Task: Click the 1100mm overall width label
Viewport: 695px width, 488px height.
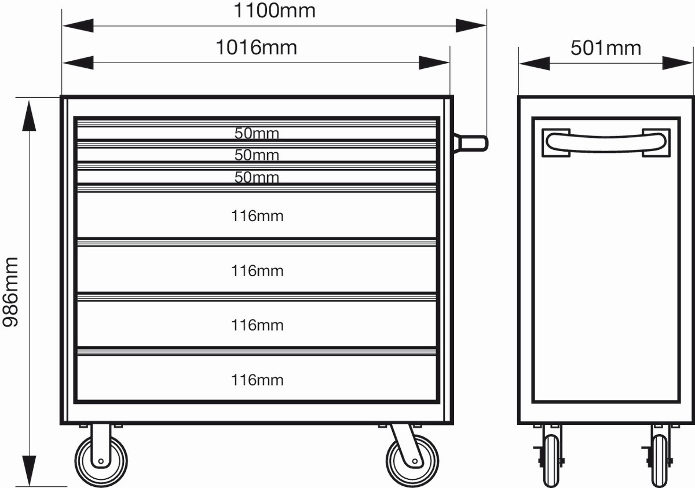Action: [275, 11]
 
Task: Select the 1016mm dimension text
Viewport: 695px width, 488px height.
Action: [256, 47]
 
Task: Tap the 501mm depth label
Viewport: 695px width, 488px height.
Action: [606, 49]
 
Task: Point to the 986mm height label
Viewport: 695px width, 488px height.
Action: [11, 292]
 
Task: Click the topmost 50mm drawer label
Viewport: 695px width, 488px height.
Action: [257, 133]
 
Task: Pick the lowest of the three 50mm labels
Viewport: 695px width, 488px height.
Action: [257, 177]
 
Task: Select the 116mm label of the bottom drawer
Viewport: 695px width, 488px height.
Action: [257, 380]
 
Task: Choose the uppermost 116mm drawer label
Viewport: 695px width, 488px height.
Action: [257, 216]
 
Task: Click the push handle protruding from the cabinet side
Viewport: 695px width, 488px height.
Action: [471, 143]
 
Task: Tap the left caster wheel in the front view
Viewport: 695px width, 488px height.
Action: [101, 461]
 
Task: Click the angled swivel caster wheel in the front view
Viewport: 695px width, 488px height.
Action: [412, 461]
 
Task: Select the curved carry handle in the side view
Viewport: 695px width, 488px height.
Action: [606, 142]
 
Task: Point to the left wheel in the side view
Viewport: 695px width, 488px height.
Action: [551, 461]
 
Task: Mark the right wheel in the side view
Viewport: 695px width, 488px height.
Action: [659, 461]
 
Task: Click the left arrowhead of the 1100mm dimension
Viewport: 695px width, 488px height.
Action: [78, 25]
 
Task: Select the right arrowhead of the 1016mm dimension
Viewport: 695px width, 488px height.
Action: [434, 63]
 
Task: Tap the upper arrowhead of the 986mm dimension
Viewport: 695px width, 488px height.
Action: [29, 116]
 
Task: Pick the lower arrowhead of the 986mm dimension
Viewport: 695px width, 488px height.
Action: [29, 471]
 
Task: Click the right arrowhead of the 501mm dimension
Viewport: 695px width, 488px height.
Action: [678, 63]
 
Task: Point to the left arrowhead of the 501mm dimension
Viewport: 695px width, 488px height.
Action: [534, 63]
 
